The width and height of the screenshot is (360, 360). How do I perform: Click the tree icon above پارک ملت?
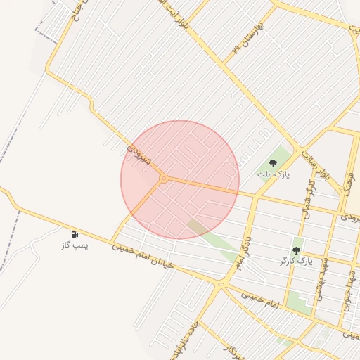[x=273, y=162]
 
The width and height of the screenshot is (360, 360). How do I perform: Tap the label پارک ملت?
[x=273, y=173]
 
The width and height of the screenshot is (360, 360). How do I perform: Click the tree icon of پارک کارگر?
[x=296, y=250]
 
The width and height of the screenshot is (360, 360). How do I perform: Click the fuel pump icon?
[x=75, y=234]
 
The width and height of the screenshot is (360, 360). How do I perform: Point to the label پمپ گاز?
[x=75, y=246]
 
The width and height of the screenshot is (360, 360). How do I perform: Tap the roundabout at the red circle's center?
[x=164, y=179]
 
